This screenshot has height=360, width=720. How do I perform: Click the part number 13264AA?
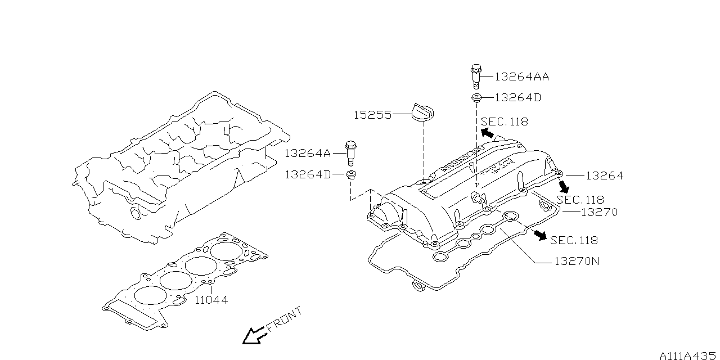(521, 76)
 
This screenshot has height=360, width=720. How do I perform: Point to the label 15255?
(372, 115)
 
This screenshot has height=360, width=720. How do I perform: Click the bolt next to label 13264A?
(351, 151)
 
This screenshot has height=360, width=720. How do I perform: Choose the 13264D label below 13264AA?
(517, 98)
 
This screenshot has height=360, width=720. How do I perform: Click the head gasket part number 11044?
(211, 300)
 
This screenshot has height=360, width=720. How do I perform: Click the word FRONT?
(284, 319)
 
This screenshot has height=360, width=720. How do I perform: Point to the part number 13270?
(599, 212)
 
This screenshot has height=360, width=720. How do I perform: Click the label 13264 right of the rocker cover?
(604, 175)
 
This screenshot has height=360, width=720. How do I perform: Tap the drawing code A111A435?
(687, 355)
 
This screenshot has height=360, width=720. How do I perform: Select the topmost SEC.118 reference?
(505, 121)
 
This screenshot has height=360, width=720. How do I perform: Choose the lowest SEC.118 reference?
(574, 240)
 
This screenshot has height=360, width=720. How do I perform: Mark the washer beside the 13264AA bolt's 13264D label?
(476, 98)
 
